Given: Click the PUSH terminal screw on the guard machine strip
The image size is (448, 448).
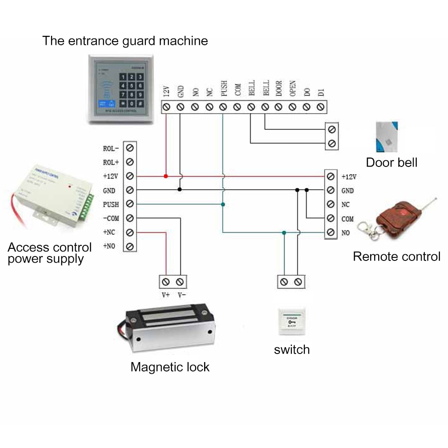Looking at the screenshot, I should (223, 107).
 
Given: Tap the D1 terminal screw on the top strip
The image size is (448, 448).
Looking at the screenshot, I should (320, 107).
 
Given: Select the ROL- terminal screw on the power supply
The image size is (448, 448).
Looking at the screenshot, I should (130, 147).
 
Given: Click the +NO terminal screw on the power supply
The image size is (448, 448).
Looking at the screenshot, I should (130, 246).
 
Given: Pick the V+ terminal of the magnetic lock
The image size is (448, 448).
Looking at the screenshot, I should (166, 282).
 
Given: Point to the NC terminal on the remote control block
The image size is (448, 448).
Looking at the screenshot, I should (331, 204).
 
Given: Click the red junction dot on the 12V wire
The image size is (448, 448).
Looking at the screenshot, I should (166, 176).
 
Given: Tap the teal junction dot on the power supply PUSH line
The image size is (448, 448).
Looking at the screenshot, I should (223, 204).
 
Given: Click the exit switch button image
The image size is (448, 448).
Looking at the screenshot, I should (291, 322).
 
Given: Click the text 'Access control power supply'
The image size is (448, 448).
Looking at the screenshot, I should (49, 253).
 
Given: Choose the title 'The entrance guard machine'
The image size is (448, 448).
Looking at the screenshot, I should (125, 41).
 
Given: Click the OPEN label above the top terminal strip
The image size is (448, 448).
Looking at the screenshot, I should (292, 89).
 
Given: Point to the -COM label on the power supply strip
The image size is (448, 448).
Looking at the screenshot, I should (111, 218).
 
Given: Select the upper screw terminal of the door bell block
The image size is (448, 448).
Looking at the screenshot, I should (331, 129).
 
